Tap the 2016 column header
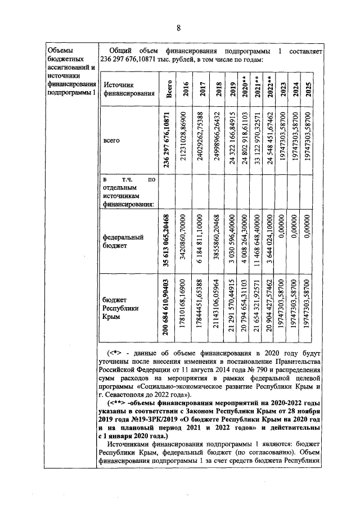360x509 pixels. click(x=186, y=90)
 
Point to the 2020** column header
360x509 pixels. click(x=245, y=89)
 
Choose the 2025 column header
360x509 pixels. click(x=308, y=90)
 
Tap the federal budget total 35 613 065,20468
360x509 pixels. click(x=167, y=238)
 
